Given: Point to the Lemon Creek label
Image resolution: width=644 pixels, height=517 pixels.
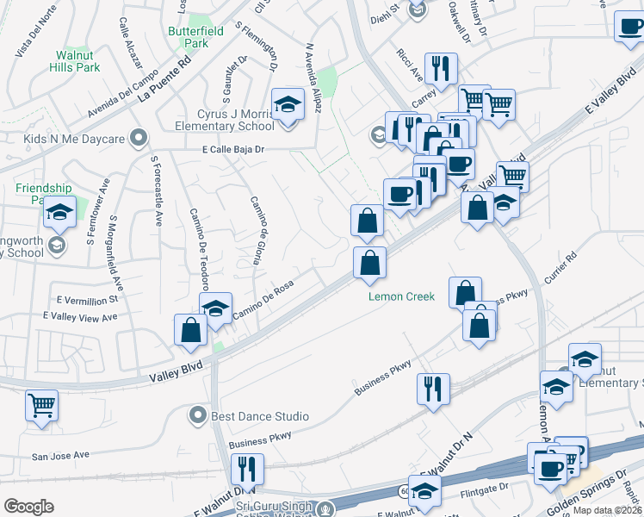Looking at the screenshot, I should tap(401, 296).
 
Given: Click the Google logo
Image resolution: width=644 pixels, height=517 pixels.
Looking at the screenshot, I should tap(28, 506).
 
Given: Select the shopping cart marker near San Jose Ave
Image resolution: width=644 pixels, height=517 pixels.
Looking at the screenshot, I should tap(41, 405).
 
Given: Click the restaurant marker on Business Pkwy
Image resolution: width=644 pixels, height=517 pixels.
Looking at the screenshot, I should tap(433, 388).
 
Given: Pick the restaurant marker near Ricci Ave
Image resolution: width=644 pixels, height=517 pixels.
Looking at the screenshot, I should tap(441, 69).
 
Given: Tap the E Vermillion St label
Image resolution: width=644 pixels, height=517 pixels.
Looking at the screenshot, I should tap(86, 300).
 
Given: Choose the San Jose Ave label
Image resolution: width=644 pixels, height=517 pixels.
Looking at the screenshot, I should tap(60, 454).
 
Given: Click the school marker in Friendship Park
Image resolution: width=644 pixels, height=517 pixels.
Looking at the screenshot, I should tap(59, 212).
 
